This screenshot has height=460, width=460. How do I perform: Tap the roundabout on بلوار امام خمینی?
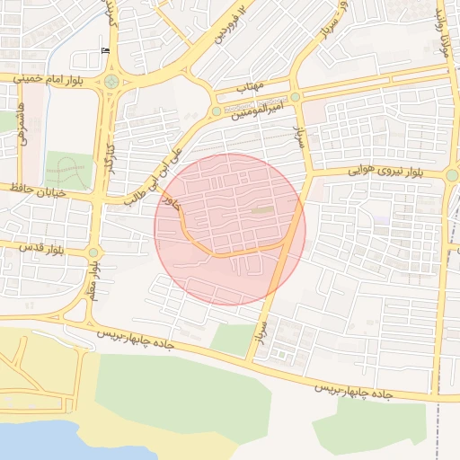[x=111, y=82]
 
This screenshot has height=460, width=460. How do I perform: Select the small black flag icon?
[x=106, y=50]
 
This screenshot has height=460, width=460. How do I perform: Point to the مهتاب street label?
[x=248, y=86]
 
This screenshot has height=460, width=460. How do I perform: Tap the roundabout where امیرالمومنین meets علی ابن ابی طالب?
[x=216, y=111]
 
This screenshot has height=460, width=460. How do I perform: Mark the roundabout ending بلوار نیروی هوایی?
[x=452, y=174]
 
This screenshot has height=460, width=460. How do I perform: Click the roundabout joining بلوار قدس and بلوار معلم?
[x=93, y=253]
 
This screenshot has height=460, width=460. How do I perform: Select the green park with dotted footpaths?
[x=68, y=170]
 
